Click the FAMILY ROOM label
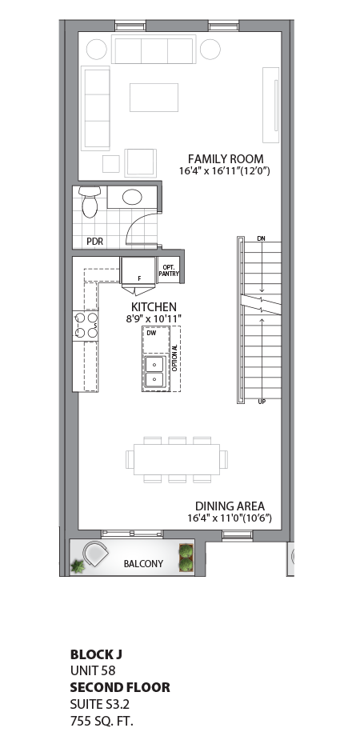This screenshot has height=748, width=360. tap(226, 158)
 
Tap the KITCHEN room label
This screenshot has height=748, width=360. tap(154, 307)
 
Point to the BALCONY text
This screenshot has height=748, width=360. tap(143, 564)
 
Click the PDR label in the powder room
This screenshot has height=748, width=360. tap(94, 241)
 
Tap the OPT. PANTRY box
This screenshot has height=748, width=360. tap(169, 270)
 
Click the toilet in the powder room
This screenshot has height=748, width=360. tap(89, 203)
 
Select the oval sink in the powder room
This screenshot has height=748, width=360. tap(131, 197)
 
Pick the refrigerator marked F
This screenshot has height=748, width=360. tap(138, 270)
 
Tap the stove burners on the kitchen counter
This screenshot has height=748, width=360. tap(86, 325)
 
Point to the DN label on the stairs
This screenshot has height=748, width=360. tap(261, 239)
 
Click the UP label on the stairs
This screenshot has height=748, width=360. tap(262, 402)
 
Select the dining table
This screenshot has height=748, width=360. tap(177, 459)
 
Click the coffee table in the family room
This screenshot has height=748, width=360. tap(154, 97)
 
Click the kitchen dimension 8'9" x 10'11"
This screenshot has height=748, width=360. tap(154, 318)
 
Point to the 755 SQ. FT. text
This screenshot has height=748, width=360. tap(102, 721)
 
